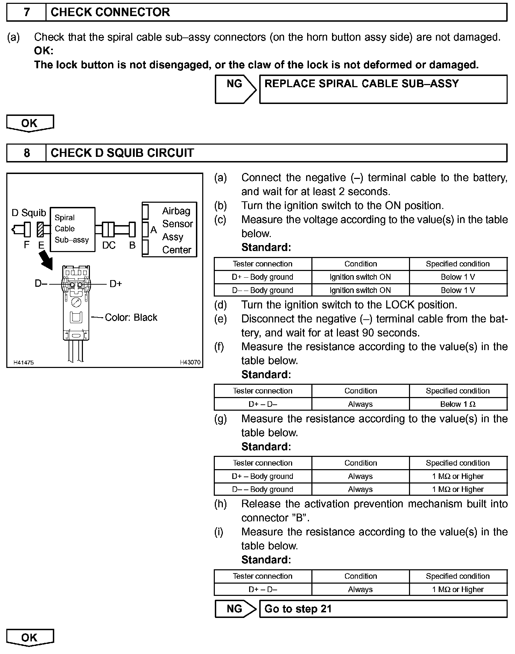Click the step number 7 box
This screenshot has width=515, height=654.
[26, 12]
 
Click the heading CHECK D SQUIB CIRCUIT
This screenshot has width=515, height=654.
[122, 153]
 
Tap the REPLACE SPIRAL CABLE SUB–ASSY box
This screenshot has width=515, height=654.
[383, 89]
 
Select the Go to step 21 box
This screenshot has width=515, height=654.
[383, 609]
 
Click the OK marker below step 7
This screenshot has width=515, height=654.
[30, 123]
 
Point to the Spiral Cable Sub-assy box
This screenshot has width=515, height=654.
[72, 229]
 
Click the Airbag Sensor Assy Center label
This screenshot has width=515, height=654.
[177, 230]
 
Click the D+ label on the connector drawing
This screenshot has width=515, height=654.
[116, 284]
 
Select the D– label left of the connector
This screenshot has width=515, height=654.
[41, 283]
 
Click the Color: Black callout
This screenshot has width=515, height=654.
[131, 317]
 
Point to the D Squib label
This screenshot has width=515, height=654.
[29, 213]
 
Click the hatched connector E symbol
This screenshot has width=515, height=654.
[40, 230]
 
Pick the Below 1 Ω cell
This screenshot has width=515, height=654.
[458, 404]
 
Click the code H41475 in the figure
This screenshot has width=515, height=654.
[23, 362]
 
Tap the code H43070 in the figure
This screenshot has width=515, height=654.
[190, 362]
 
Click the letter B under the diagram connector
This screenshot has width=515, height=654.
[132, 245]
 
